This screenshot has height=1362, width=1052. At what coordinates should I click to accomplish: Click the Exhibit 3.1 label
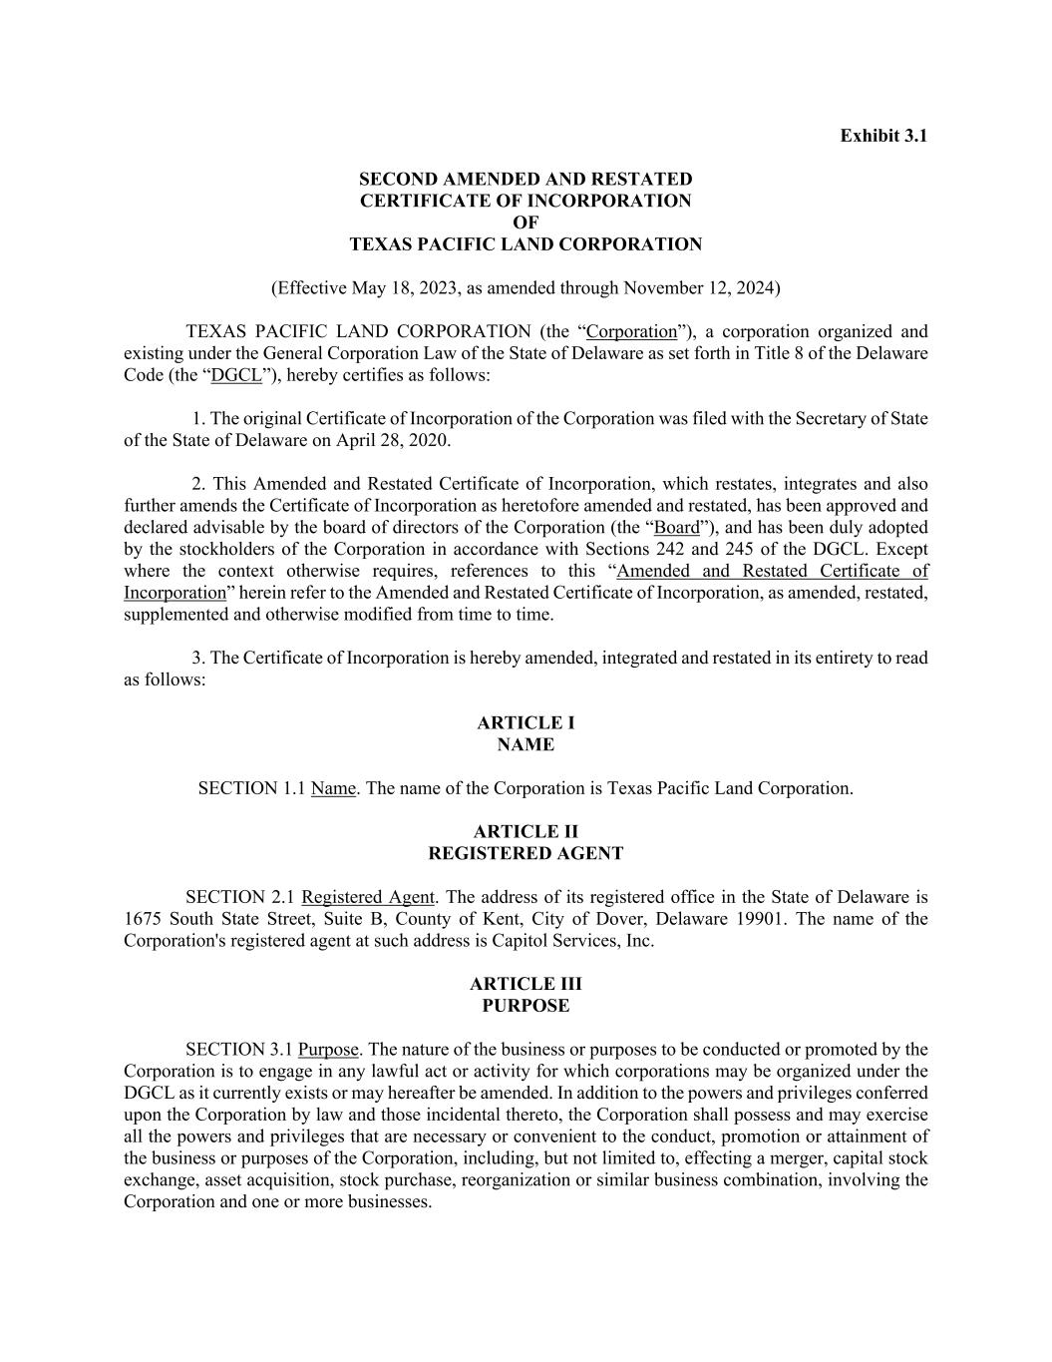[882, 136]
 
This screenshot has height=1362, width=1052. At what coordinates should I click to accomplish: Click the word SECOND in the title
[397, 180]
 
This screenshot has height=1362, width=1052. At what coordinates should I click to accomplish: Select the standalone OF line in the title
[525, 223]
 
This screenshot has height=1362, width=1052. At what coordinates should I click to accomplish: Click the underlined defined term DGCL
[236, 376]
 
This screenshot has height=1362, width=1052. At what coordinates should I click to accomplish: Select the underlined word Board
[677, 528]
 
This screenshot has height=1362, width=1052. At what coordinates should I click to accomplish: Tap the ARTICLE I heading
[526, 723]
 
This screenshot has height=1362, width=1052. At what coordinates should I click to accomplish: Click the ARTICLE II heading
[526, 832]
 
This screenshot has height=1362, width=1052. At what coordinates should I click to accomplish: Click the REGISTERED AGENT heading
[526, 854]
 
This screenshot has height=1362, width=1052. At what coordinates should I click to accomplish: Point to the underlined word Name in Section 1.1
[333, 789]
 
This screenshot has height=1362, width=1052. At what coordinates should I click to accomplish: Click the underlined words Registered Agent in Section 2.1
[367, 898]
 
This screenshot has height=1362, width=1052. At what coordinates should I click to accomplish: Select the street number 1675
[144, 920]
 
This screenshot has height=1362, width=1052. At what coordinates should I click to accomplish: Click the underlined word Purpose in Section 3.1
[327, 1051]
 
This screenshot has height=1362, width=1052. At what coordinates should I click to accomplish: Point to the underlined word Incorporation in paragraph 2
[175, 594]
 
